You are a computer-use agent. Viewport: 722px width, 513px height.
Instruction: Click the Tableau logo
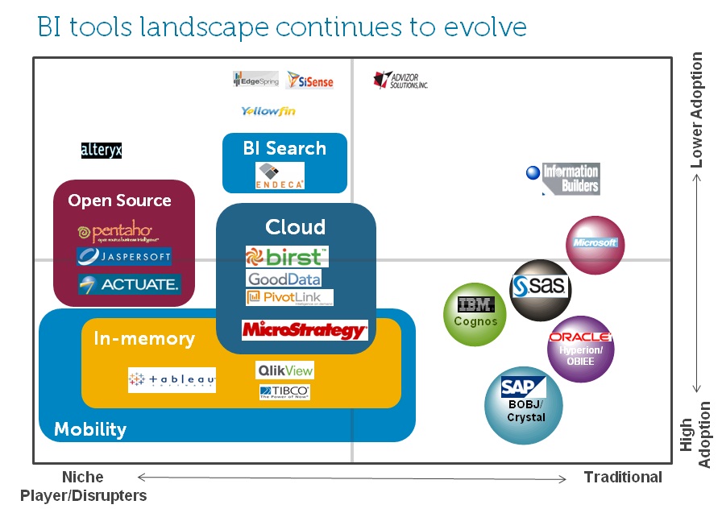pos(172,379)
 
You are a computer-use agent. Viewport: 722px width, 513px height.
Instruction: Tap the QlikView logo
pos(284,370)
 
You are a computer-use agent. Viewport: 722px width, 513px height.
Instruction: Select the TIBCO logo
pos(284,392)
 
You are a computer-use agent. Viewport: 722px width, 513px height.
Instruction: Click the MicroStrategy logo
pos(305,329)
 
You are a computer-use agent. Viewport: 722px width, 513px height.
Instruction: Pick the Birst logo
pos(287,257)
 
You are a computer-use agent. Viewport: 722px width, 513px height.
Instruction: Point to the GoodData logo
pos(284,279)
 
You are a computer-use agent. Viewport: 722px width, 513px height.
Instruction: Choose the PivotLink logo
pos(288,298)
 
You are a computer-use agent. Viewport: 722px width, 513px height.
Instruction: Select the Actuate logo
pos(129,284)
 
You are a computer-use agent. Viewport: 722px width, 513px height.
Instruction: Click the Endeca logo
pos(280,176)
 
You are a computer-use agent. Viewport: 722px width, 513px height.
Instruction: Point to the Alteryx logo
pos(102,150)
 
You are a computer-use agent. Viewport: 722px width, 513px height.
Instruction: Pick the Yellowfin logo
pos(268,111)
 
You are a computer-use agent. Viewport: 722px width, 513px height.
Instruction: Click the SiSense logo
pos(309,81)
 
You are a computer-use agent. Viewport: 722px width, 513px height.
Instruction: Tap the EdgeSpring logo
pos(255,79)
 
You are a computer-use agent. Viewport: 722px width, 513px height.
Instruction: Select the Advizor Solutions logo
pos(400,80)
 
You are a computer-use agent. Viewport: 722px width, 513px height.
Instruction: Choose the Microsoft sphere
pos(595,244)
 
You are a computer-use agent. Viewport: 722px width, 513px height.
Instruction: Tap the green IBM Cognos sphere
pos(475,314)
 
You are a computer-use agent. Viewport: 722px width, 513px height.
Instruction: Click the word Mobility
pos(90,429)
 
